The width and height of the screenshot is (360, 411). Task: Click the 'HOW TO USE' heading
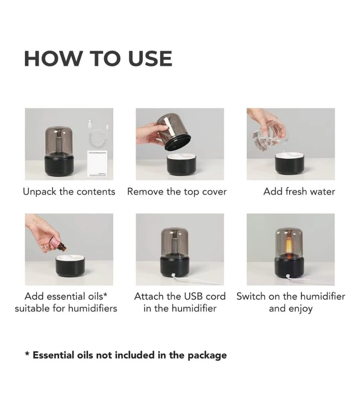click(x=98, y=58)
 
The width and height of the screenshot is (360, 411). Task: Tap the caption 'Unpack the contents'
click(x=69, y=192)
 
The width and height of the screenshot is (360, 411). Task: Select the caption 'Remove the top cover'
click(x=177, y=192)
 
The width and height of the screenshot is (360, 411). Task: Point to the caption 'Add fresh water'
click(x=299, y=191)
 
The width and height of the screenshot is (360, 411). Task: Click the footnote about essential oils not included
click(x=126, y=355)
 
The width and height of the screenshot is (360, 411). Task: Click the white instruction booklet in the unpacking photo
click(x=97, y=164)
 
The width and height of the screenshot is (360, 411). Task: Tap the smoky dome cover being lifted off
click(x=174, y=132)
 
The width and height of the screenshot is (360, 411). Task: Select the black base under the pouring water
click(x=290, y=164)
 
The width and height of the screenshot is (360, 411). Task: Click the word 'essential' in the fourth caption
click(x=67, y=296)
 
